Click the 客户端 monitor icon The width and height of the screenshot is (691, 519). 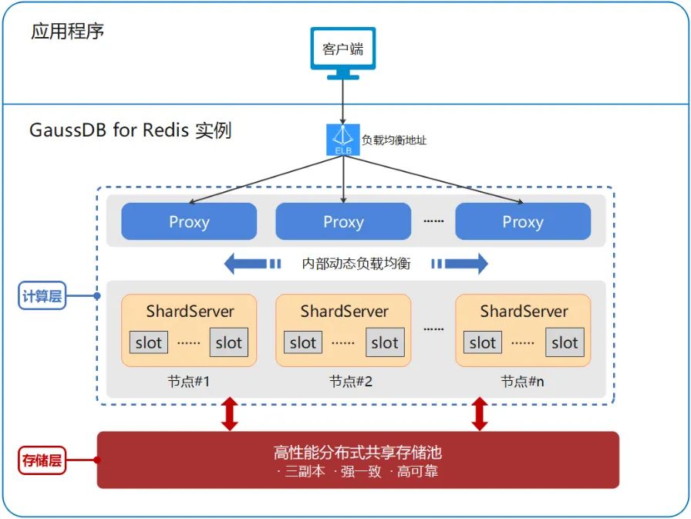coord(342,52)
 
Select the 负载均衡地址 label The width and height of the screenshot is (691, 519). coord(393,140)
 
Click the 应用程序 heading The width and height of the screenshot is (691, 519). coord(67,32)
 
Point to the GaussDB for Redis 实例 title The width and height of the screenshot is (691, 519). coord(130,130)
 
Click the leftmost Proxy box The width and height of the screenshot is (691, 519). coord(189,222)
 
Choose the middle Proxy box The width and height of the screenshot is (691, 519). coord(343,222)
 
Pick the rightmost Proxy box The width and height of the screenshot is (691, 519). coord(523,222)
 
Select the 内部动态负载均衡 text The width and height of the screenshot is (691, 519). coord(356,264)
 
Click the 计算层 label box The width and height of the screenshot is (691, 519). coord(42,295)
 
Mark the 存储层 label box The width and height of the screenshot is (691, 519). coord(41,461)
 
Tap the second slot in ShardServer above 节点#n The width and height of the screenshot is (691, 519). coord(565,342)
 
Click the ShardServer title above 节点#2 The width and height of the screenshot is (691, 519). coord(344,312)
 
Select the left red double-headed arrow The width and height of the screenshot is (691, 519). coord(229,414)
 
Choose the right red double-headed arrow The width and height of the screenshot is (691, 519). coord(480,414)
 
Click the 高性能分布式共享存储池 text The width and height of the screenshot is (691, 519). coord(357,452)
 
